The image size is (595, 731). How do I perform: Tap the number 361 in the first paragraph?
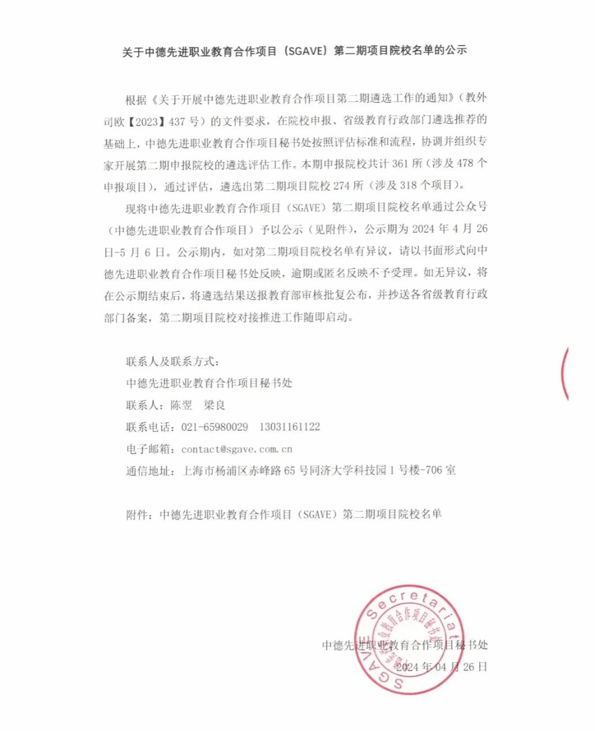coord(400,164)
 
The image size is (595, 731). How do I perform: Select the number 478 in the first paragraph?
coord(465,164)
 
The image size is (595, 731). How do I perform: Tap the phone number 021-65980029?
coord(214,427)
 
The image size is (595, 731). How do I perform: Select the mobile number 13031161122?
coord(289,427)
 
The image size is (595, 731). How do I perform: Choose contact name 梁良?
coord(214,405)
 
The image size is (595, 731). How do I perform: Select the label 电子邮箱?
coord(148,449)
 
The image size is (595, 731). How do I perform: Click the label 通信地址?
coord(148,470)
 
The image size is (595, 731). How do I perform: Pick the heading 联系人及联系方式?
coord(172,361)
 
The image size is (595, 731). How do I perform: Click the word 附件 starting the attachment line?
coord(137,514)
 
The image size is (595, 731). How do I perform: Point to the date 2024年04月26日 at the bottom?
coord(442,667)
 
